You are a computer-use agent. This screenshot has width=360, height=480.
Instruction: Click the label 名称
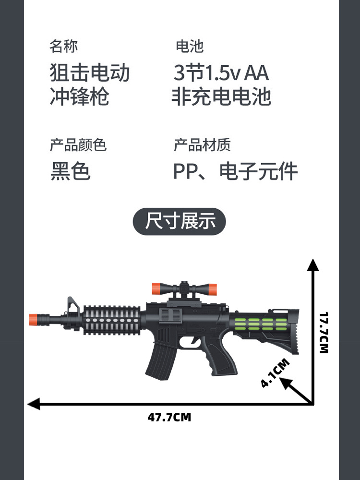click(63, 47)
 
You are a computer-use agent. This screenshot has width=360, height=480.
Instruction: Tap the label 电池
click(190, 47)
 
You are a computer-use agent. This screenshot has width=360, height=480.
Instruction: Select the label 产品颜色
click(78, 144)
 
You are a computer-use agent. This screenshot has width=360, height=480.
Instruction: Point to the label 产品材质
click(202, 144)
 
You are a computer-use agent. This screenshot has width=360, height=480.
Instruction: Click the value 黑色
click(70, 171)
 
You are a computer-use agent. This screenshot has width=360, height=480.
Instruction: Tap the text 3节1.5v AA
click(221, 73)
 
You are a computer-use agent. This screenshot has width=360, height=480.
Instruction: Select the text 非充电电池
click(221, 96)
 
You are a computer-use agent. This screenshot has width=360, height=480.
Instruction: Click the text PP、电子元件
click(235, 171)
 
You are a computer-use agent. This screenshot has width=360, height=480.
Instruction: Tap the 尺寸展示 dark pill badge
click(179, 222)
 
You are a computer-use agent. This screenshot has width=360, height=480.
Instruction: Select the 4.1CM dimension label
click(275, 373)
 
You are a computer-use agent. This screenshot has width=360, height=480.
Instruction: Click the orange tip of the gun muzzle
click(33, 319)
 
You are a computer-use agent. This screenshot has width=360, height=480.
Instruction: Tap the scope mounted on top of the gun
click(184, 289)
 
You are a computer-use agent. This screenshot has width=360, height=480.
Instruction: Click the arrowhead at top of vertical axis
click(313, 264)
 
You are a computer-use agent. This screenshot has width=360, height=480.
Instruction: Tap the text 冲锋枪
click(80, 96)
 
